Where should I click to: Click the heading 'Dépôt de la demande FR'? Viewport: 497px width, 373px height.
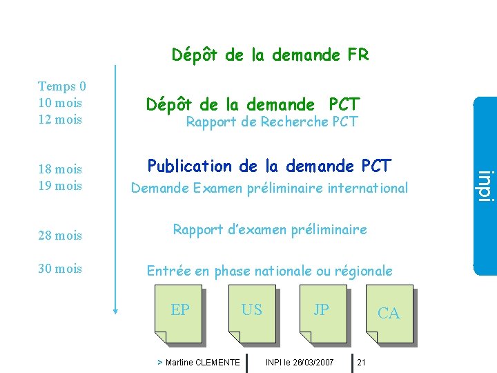[270, 55]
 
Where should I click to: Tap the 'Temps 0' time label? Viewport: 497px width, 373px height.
[62, 86]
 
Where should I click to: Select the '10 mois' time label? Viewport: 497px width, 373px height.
[60, 103]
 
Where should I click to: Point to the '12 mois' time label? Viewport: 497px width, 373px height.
[60, 119]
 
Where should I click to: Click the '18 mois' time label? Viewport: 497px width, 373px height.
[60, 169]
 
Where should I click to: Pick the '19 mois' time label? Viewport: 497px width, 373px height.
[60, 186]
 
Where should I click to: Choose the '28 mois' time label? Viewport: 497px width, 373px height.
[60, 236]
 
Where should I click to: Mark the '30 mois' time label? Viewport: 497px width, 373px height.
[60, 269]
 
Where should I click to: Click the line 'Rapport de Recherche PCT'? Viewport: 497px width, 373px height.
[272, 122]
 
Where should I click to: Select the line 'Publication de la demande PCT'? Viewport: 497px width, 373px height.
[269, 166]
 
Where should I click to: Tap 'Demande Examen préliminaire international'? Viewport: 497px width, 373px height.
[269, 188]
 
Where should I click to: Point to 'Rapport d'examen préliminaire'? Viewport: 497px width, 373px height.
[269, 229]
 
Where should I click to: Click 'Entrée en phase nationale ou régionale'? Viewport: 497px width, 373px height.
[269, 271]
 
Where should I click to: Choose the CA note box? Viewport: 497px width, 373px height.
[389, 314]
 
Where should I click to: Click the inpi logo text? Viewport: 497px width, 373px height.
[485, 186]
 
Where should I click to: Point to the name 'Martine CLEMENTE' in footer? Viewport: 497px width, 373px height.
[202, 363]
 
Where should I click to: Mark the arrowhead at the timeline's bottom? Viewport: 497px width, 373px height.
[115, 312]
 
